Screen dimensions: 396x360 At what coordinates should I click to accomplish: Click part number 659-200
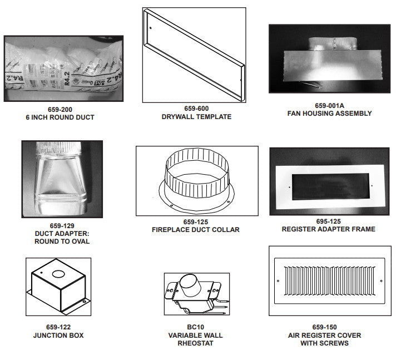coord(60,110)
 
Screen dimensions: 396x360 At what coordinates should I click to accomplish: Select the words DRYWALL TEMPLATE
coord(196,117)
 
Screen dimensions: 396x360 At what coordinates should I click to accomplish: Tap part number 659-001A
coord(330,106)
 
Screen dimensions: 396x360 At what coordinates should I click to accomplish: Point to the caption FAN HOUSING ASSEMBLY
coord(330,114)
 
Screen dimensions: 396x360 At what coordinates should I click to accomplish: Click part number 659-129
coord(62,225)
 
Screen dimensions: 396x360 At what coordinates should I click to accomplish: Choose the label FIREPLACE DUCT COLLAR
coord(196,230)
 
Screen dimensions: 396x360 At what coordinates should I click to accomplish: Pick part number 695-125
coord(329,221)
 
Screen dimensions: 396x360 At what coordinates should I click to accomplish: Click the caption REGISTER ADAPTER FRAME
coord(329,229)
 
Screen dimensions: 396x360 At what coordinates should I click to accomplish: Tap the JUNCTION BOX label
coord(58,336)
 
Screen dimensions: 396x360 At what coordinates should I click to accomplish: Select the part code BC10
coord(195,327)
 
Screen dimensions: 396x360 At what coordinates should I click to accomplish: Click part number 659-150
coord(324,327)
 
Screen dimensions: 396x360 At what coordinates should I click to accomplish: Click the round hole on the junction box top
coord(58,274)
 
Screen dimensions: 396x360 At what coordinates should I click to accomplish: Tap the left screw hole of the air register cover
coord(278,281)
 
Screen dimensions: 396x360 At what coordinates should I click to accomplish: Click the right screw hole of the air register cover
coord(381,281)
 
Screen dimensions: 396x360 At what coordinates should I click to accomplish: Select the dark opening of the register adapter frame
coord(330,187)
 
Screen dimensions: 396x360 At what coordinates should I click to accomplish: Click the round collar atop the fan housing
coord(333,44)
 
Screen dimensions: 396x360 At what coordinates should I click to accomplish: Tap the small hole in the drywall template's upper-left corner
coord(151,28)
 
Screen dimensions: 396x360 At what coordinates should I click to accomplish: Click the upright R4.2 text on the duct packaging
coord(67,78)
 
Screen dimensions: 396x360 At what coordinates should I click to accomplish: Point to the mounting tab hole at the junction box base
coord(85,302)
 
